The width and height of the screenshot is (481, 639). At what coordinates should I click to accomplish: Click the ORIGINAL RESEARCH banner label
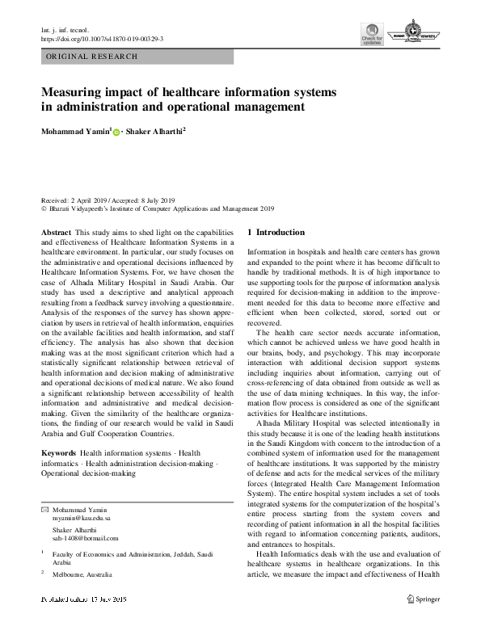pos(91,57)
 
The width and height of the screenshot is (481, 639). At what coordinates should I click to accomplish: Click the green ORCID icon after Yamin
pos(116,132)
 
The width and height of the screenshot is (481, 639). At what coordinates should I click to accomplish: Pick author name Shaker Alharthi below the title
pos(156,131)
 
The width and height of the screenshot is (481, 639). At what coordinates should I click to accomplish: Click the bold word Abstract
pos(55,232)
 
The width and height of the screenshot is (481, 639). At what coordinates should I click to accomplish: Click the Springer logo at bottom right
pos(424,600)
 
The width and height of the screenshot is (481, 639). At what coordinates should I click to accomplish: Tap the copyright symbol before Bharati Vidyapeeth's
pos(44,208)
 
